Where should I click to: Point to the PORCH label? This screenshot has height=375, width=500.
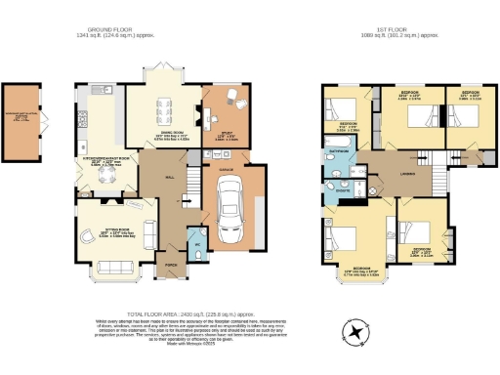pyautogui.click(x=171, y=265)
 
